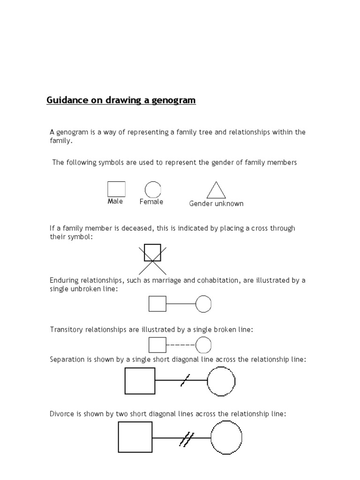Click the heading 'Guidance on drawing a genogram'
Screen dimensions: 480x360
click(121, 100)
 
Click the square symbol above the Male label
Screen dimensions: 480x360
click(116, 189)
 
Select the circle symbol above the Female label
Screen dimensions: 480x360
click(153, 189)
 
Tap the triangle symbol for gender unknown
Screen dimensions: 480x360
click(216, 191)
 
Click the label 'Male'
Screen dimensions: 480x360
click(115, 202)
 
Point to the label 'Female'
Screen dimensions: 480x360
click(151, 202)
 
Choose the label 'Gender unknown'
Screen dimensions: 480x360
click(216, 203)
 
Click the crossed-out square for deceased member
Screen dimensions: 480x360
click(152, 253)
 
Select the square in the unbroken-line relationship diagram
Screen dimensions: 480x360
click(157, 304)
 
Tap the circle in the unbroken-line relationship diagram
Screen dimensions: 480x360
click(203, 304)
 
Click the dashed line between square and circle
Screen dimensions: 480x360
click(180, 345)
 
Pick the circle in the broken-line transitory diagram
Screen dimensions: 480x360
click(203, 345)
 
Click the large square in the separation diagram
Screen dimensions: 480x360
click(140, 381)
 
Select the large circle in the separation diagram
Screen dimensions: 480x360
click(221, 381)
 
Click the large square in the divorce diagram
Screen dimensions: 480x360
click(135, 437)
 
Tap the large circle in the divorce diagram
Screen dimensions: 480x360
click(226, 437)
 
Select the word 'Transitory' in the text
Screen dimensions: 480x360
click(67, 330)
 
